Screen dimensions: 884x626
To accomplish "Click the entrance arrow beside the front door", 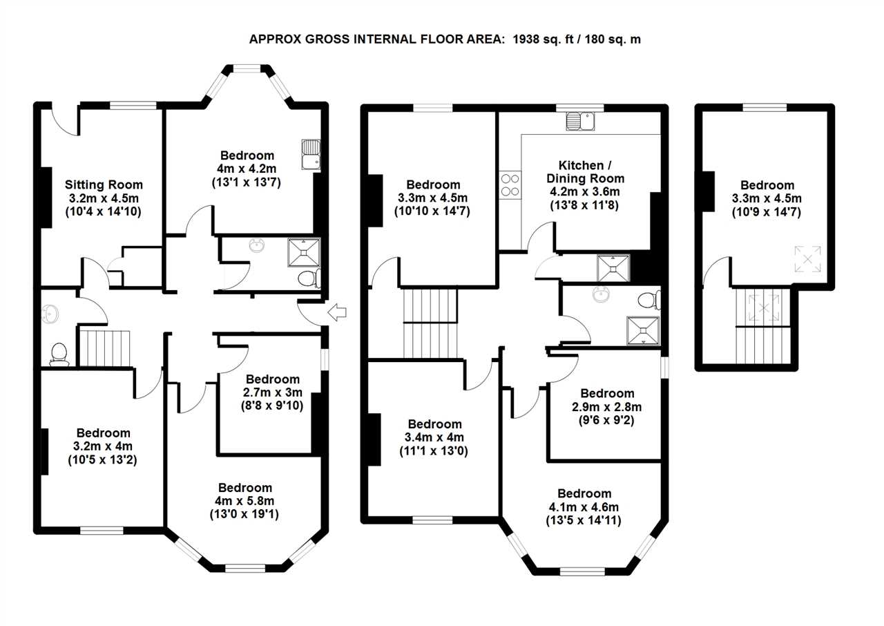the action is [x=337, y=312].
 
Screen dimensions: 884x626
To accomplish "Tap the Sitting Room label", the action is [x=104, y=184].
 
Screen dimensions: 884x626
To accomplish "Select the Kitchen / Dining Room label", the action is [x=586, y=171].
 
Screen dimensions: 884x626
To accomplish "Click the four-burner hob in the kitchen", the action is [x=510, y=185].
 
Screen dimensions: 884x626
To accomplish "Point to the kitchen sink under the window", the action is [x=580, y=121].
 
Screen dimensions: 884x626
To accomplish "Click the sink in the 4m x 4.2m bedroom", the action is [x=311, y=155].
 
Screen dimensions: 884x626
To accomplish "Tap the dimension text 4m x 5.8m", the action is [x=244, y=501].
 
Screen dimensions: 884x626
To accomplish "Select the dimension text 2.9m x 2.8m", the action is [x=606, y=406].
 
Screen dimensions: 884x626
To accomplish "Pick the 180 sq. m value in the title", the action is [x=613, y=39].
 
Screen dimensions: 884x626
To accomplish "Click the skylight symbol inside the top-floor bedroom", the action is [x=807, y=259].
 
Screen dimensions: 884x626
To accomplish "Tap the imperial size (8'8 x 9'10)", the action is [x=272, y=406].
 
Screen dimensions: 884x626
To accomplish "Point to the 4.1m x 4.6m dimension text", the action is [x=584, y=507].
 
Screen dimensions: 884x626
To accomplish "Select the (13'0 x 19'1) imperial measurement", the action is [x=244, y=514].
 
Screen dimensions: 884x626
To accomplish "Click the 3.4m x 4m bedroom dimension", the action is [x=434, y=437].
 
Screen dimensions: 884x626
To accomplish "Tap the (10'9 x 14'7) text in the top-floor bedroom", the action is [x=767, y=212].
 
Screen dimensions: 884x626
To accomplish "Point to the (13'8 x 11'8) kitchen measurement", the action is [x=584, y=205].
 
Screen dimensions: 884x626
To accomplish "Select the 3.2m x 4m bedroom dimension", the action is [x=103, y=446].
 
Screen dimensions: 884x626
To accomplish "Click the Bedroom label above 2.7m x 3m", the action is [x=273, y=379].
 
